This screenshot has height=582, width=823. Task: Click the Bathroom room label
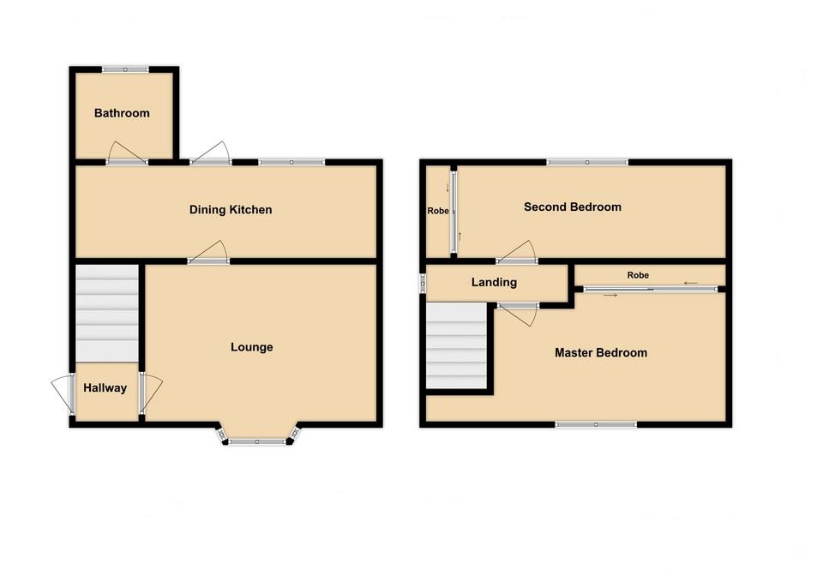pyautogui.click(x=122, y=113)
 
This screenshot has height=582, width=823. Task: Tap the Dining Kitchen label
pyautogui.click(x=231, y=210)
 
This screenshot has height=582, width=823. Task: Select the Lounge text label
pyautogui.click(x=251, y=347)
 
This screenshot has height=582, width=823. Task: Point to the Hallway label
pyautogui.click(x=105, y=388)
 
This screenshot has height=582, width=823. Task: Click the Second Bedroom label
pyautogui.click(x=572, y=207)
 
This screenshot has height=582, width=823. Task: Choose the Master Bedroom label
pyautogui.click(x=600, y=352)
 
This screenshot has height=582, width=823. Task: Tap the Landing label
pyautogui.click(x=494, y=282)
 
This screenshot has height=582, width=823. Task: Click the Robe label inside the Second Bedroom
pyautogui.click(x=438, y=210)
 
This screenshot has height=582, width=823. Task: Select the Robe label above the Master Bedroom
pyautogui.click(x=637, y=275)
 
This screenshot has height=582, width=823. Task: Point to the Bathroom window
pyautogui.click(x=124, y=69)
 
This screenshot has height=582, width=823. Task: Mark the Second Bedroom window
pyautogui.click(x=587, y=161)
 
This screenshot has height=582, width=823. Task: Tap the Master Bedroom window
pyautogui.click(x=596, y=423)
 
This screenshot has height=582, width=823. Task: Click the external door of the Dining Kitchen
pyautogui.click(x=211, y=153)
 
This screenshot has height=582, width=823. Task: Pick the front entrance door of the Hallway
pyautogui.click(x=62, y=396)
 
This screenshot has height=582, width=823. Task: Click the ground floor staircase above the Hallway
pyautogui.click(x=107, y=313)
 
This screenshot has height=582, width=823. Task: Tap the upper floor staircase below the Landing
pyautogui.click(x=457, y=346)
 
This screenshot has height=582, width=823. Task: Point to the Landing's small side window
pyautogui.click(x=422, y=283)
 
